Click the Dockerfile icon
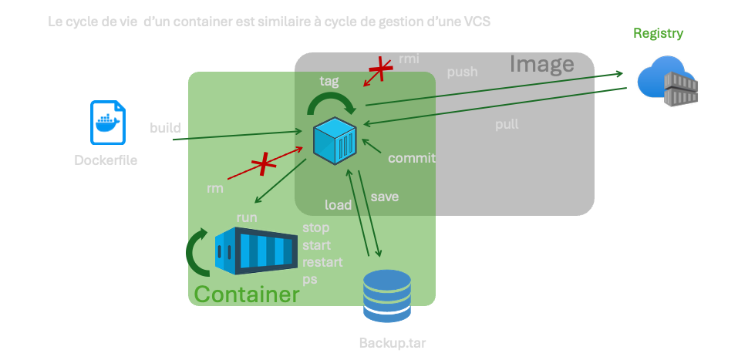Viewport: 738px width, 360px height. [109, 122]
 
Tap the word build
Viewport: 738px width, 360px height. [165, 126]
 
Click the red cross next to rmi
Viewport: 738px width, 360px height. [379, 71]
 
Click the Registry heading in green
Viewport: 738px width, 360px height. [658, 33]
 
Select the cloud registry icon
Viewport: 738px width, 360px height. [669, 81]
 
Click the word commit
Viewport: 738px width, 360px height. [411, 158]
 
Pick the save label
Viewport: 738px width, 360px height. [384, 197]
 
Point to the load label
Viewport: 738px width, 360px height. [338, 204]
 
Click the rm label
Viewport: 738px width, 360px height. [215, 187]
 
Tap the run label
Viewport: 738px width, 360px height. [247, 217]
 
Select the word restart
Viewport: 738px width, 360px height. [322, 262]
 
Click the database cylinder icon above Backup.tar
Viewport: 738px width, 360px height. [387, 296]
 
